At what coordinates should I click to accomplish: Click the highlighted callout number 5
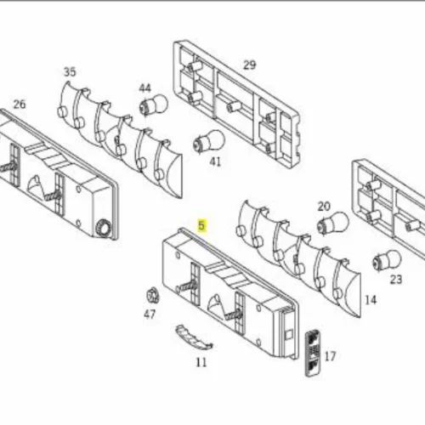(201, 225)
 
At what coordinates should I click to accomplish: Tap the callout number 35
(70, 72)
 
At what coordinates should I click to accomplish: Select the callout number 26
(20, 105)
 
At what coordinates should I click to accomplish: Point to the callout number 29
(249, 65)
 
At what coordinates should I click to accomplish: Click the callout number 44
(145, 88)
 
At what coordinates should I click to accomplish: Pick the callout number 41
(215, 161)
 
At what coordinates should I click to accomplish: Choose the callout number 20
(324, 207)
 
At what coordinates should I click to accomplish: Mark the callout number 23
(396, 280)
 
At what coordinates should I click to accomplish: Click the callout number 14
(371, 300)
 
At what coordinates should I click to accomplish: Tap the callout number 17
(330, 356)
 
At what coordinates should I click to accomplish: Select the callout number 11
(201, 362)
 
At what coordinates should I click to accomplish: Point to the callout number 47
(150, 314)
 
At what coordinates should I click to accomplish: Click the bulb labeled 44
(153, 105)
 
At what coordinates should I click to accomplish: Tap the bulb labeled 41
(209, 141)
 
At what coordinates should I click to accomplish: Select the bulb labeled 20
(332, 224)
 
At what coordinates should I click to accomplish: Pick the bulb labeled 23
(387, 259)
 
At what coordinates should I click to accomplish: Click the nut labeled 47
(153, 296)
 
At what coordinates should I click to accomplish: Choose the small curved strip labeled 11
(194, 337)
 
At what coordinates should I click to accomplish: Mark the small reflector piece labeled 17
(312, 353)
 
